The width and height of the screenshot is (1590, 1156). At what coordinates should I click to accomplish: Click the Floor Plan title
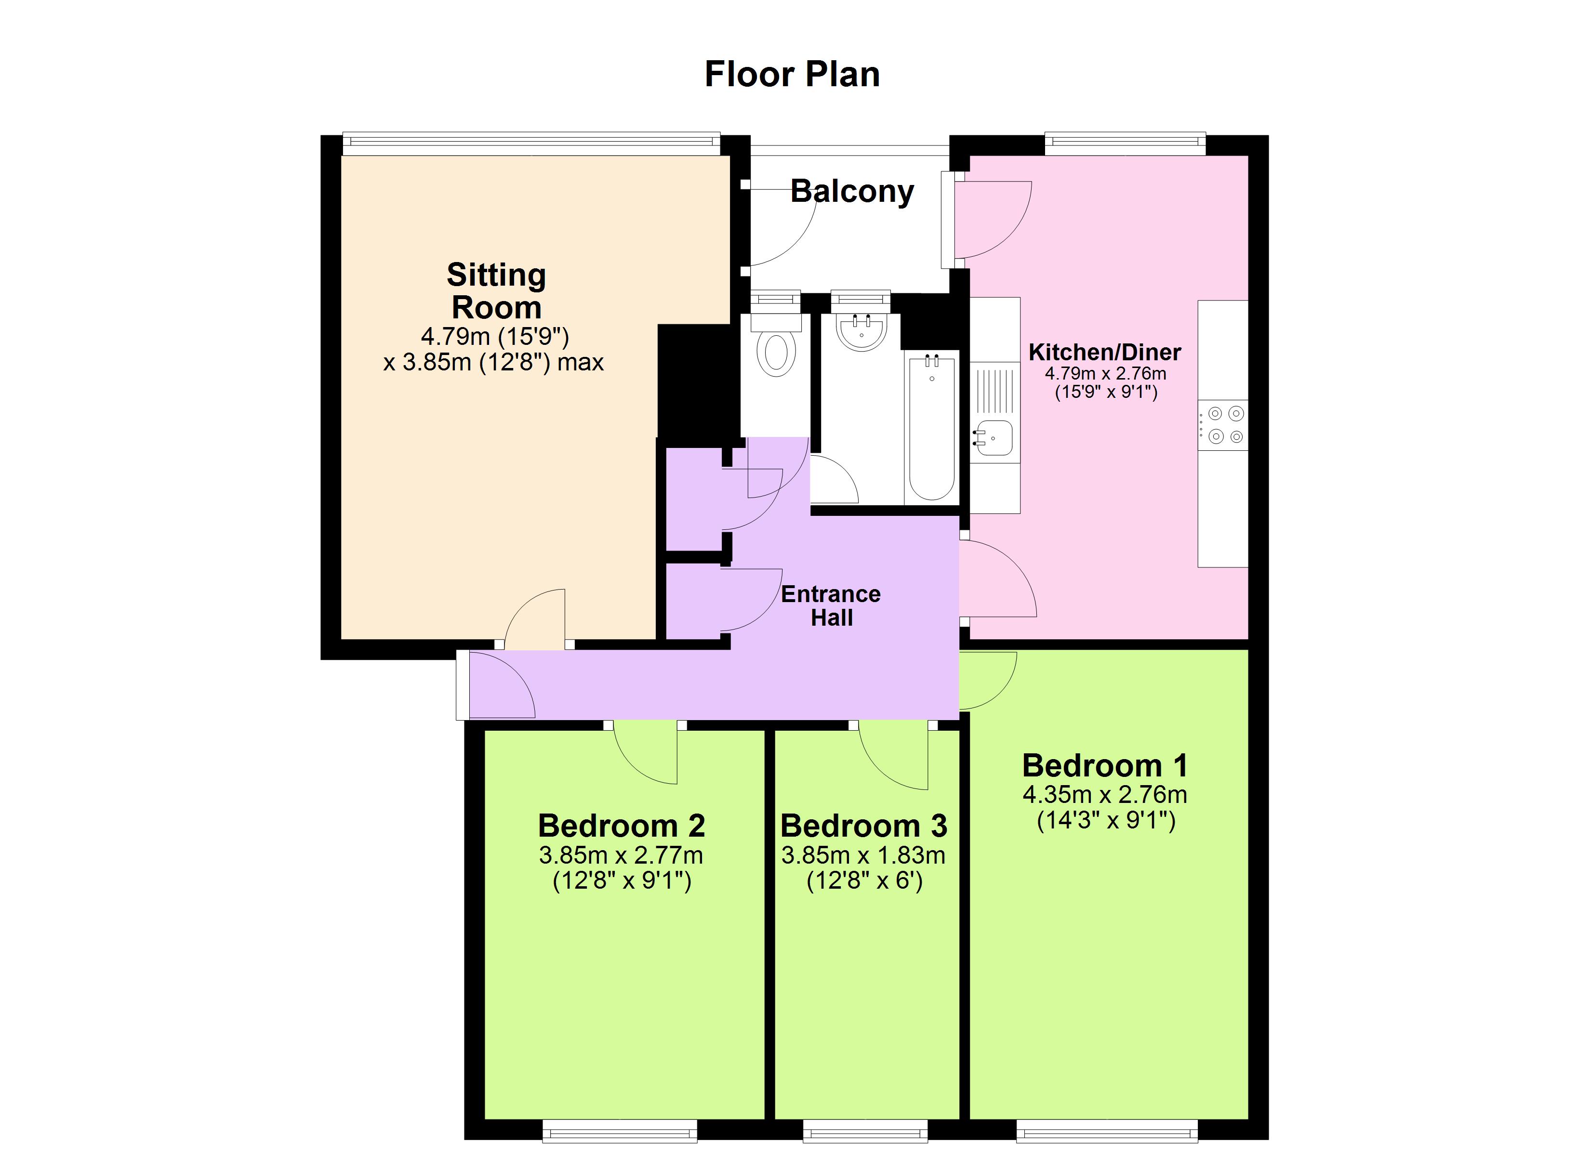[x=792, y=74]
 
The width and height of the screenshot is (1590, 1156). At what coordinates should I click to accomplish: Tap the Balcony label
[x=852, y=191]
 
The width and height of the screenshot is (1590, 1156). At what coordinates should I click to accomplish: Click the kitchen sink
[x=994, y=438]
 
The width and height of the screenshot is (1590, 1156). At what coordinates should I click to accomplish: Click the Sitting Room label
[x=496, y=291]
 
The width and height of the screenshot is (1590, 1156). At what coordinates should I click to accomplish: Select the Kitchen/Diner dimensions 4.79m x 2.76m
[x=1106, y=374]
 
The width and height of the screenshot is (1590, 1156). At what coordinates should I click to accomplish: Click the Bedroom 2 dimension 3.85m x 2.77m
[x=621, y=855]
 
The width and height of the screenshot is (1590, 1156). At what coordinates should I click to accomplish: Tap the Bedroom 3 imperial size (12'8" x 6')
[x=864, y=880]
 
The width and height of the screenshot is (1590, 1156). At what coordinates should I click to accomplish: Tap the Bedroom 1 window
[x=1106, y=1130]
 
